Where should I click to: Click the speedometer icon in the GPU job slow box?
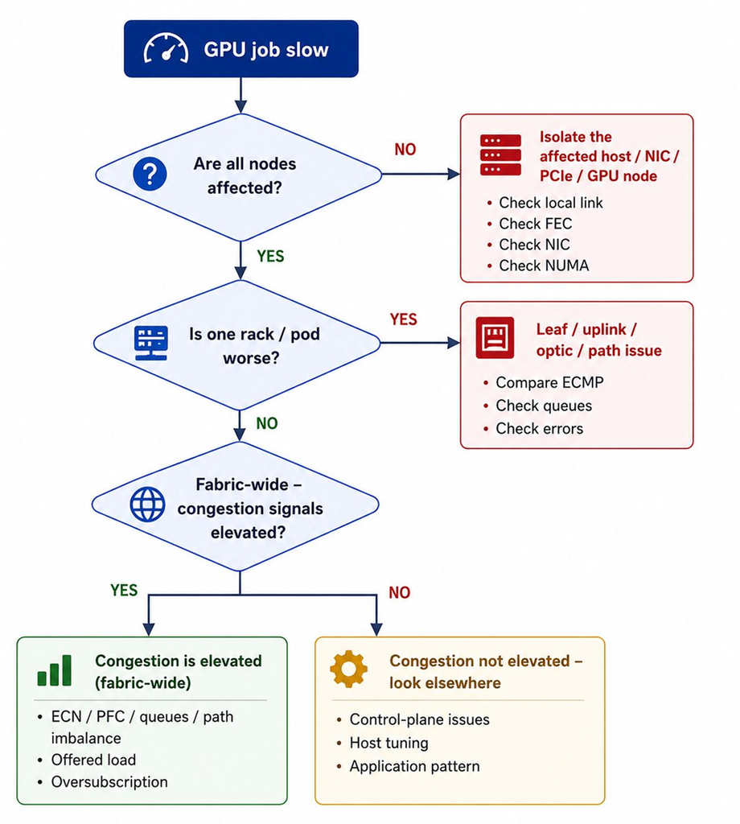(166, 49)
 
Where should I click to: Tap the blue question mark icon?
(150, 174)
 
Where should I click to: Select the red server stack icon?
(500, 155)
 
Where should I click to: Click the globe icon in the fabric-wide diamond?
(147, 505)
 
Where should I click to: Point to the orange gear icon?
(349, 669)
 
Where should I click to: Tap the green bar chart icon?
(54, 670)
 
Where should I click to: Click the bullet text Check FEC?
(535, 224)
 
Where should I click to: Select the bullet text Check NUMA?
(544, 266)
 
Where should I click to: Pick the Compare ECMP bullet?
(549, 382)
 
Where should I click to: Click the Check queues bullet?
(544, 406)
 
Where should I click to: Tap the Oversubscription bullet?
(109, 782)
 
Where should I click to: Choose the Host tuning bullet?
(388, 743)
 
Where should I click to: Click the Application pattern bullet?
(414, 766)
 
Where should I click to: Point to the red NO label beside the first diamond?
(405, 150)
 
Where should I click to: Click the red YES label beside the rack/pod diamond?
(403, 319)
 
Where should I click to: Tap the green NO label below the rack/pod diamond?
(267, 423)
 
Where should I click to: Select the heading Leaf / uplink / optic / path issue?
(598, 340)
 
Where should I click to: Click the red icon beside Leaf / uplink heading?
(495, 338)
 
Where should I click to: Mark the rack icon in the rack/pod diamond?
(150, 343)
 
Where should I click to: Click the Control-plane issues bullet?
(419, 719)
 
